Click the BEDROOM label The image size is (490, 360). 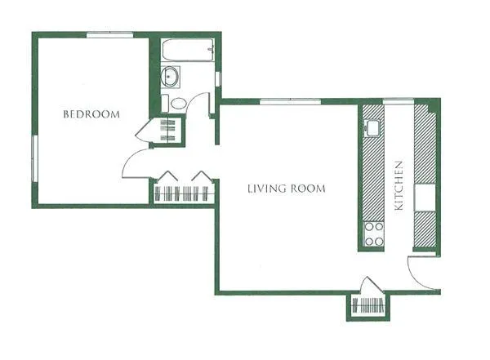[91, 114]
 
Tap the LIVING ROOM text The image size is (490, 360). [286, 189]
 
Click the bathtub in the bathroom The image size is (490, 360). [186, 51]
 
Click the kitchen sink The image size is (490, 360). [372, 127]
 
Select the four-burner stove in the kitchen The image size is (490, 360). [373, 233]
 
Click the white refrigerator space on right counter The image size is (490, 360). [426, 198]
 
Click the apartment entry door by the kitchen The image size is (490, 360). [423, 271]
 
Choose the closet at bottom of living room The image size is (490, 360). [369, 306]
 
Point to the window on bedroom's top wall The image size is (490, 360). [110, 34]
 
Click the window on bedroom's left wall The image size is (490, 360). [34, 160]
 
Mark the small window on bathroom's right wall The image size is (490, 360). [217, 79]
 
